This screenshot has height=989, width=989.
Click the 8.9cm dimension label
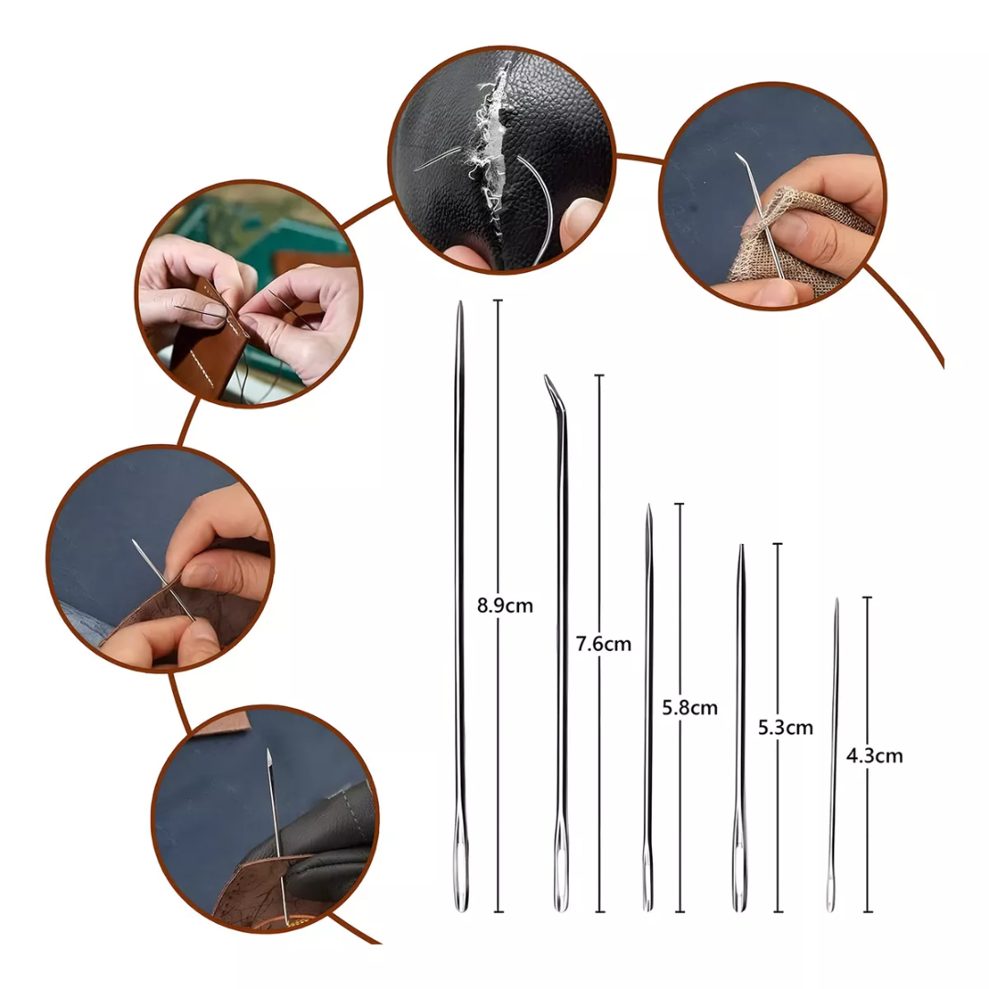pos(505,605)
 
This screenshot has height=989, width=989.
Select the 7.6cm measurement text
pos(603,644)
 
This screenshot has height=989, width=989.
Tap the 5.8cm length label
pos(690,708)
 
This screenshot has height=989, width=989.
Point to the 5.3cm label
pos(785,728)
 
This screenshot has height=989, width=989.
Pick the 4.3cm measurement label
pos(875,755)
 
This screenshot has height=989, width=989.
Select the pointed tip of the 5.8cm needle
pos(648,509)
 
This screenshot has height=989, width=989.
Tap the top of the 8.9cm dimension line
pos(498,300)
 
